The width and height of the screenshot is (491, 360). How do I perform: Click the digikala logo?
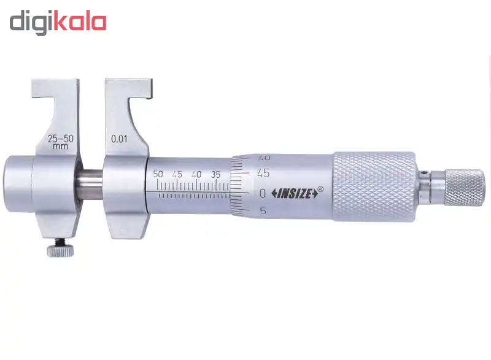58,23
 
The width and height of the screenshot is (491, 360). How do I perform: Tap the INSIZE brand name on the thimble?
295,194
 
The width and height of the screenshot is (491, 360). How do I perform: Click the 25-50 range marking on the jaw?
60,139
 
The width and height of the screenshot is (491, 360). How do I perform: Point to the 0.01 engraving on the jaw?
119,139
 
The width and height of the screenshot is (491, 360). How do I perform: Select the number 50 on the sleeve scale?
158,174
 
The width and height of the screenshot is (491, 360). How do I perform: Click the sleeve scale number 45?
177,174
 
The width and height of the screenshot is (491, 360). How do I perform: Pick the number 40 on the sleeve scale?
196,174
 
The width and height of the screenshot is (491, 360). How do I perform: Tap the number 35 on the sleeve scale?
215,174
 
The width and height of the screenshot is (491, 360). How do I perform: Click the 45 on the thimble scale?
263,173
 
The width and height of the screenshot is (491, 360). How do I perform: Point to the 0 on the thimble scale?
263,193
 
